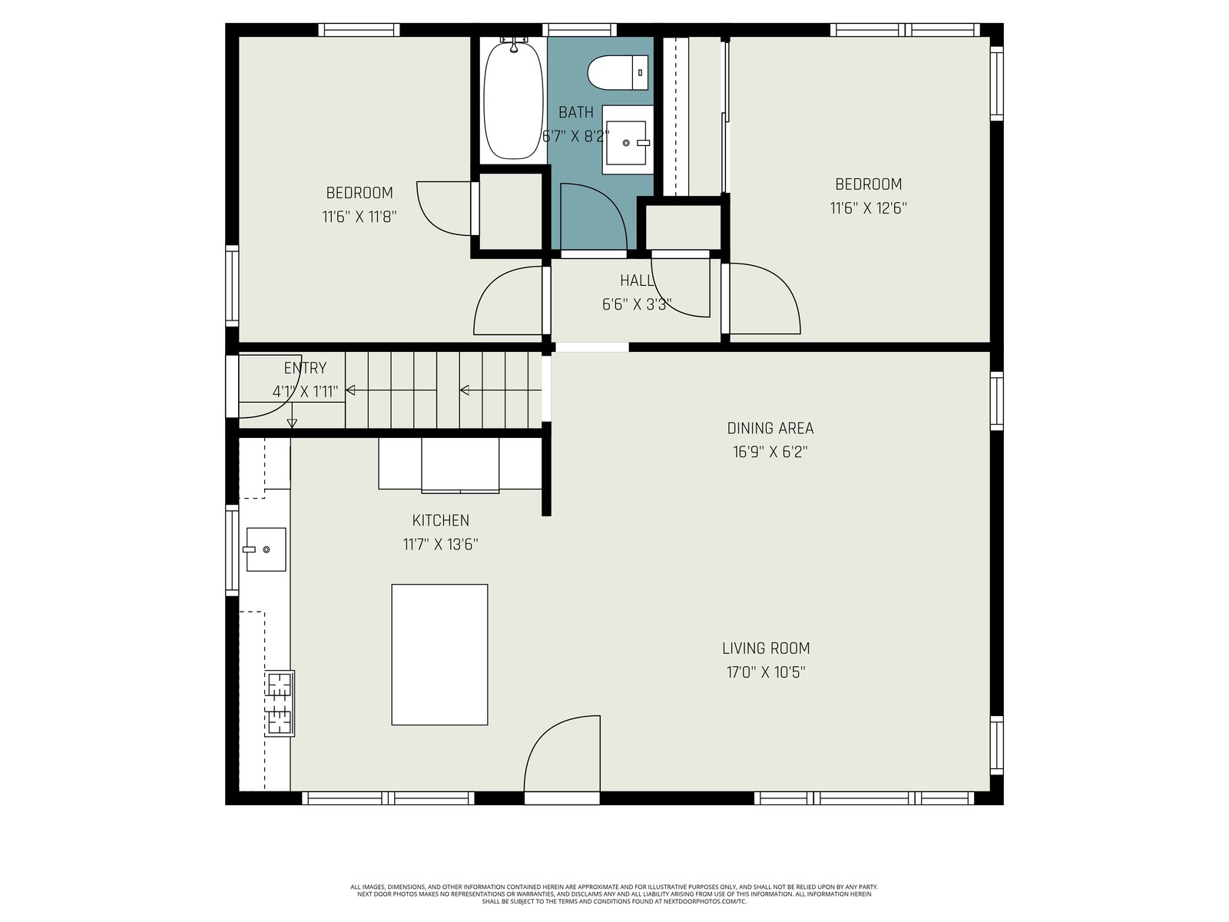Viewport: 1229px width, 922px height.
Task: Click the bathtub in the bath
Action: pos(513,100)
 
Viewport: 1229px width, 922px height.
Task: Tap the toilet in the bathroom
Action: pos(618,72)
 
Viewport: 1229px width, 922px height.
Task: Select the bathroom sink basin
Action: pos(628,139)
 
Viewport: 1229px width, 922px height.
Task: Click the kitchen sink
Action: pos(266,549)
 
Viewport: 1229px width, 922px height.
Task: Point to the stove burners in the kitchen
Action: pos(280,703)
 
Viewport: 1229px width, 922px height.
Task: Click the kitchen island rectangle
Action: pos(439,655)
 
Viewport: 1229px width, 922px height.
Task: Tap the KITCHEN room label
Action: pos(441,521)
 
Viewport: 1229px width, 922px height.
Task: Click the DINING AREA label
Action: pos(770,428)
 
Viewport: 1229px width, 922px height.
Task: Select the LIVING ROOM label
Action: pos(765,648)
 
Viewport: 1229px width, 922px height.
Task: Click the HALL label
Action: pos(636,280)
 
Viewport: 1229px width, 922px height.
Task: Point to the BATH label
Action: pos(575,112)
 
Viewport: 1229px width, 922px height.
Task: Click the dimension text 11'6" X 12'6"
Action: pos(868,208)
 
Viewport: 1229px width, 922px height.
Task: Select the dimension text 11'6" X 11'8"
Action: pos(359,217)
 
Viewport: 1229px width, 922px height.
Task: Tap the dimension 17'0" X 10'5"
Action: pos(765,672)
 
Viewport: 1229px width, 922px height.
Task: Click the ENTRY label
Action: pos(305,368)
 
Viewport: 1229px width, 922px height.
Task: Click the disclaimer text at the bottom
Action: pos(614,894)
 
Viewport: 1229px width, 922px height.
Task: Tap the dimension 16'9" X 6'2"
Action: pos(770,452)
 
